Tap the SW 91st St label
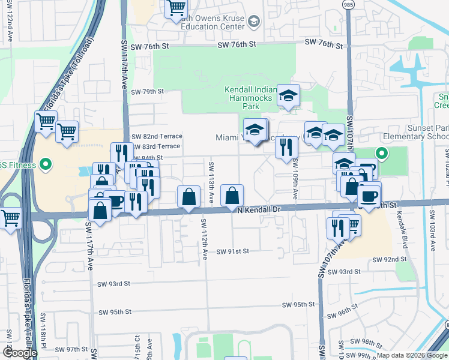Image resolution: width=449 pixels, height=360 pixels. (232, 251)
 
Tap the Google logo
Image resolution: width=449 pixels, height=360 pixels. (20, 353)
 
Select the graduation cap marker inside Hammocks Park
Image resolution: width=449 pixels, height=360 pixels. (288, 96)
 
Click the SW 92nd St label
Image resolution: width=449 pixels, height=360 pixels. (389, 260)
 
